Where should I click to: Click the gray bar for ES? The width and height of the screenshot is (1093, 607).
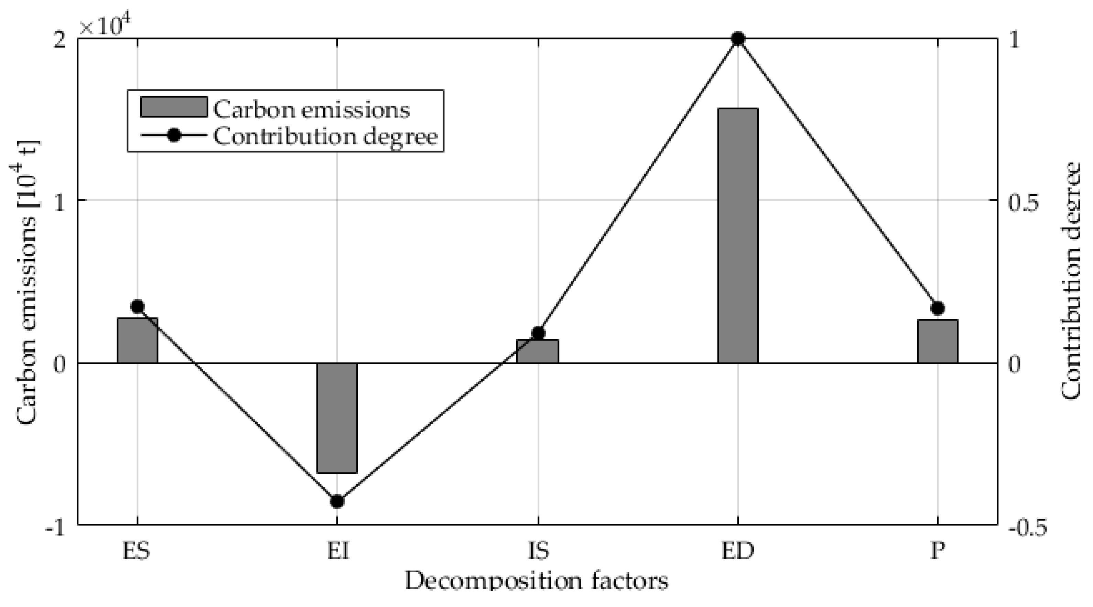(x=138, y=340)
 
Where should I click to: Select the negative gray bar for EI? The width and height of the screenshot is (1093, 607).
(x=337, y=418)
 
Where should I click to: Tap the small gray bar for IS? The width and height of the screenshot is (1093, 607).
(x=538, y=351)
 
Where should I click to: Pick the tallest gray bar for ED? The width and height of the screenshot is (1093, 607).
(x=738, y=236)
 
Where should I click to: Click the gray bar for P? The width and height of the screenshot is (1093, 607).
(x=938, y=341)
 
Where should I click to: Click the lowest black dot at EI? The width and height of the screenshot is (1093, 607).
(x=337, y=501)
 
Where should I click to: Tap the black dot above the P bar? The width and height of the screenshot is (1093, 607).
(x=938, y=308)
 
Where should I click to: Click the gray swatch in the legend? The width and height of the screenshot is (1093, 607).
(x=174, y=107)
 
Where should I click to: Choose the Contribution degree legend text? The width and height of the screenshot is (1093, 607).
(x=325, y=137)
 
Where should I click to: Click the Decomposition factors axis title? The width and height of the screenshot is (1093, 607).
(x=536, y=580)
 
